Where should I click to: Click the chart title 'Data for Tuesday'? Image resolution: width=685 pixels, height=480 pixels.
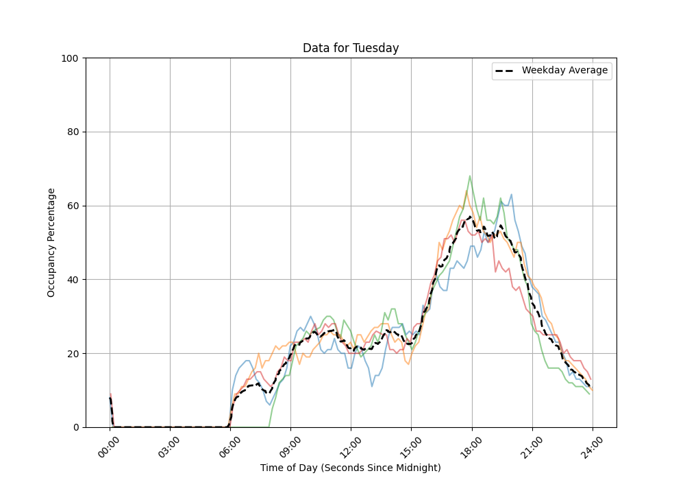click(x=351, y=48)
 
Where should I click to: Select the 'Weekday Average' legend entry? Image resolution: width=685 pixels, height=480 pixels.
click(x=564, y=71)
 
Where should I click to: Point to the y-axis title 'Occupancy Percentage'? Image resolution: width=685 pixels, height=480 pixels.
click(x=51, y=243)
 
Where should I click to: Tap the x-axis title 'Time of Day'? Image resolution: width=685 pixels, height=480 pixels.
click(x=350, y=468)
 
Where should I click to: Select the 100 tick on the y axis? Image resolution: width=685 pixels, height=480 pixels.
click(x=71, y=58)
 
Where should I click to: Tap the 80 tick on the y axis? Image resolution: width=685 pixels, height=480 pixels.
click(x=73, y=132)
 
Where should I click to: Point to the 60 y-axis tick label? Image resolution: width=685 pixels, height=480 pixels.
click(x=73, y=206)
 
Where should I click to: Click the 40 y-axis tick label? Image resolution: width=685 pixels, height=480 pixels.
click(x=73, y=280)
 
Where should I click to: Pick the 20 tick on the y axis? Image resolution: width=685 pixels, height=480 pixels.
click(x=73, y=354)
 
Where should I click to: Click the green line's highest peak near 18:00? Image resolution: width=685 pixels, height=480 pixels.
click(x=470, y=176)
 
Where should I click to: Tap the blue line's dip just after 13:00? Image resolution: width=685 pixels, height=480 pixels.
click(x=372, y=386)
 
